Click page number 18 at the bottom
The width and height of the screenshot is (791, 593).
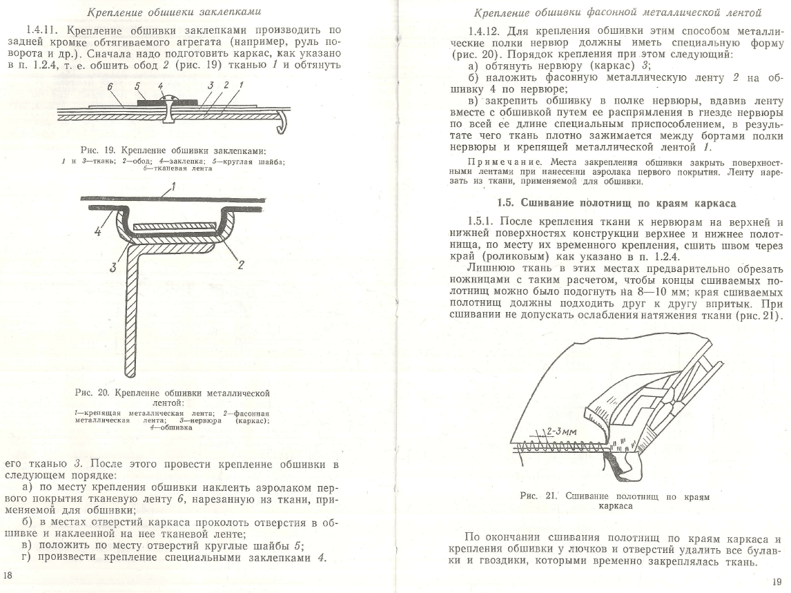click(8, 574)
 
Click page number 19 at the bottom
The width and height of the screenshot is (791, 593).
click(777, 581)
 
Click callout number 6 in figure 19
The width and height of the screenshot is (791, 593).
click(110, 86)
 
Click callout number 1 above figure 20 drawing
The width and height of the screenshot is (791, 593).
click(174, 185)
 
